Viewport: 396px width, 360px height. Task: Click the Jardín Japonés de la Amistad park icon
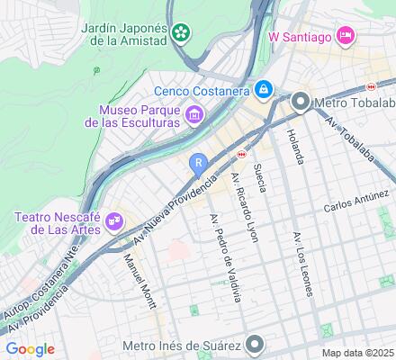(182, 33)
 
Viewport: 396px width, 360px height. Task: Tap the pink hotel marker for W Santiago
(344, 36)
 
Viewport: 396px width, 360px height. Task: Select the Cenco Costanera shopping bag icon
(263, 90)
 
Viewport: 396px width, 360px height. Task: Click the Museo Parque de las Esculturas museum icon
(194, 114)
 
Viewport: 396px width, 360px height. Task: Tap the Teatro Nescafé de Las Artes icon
(114, 220)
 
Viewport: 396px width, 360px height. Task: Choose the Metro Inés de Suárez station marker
(256, 344)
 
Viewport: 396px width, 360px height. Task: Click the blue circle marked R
(198, 162)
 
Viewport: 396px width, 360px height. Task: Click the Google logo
(30, 349)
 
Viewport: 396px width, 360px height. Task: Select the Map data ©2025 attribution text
(358, 353)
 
